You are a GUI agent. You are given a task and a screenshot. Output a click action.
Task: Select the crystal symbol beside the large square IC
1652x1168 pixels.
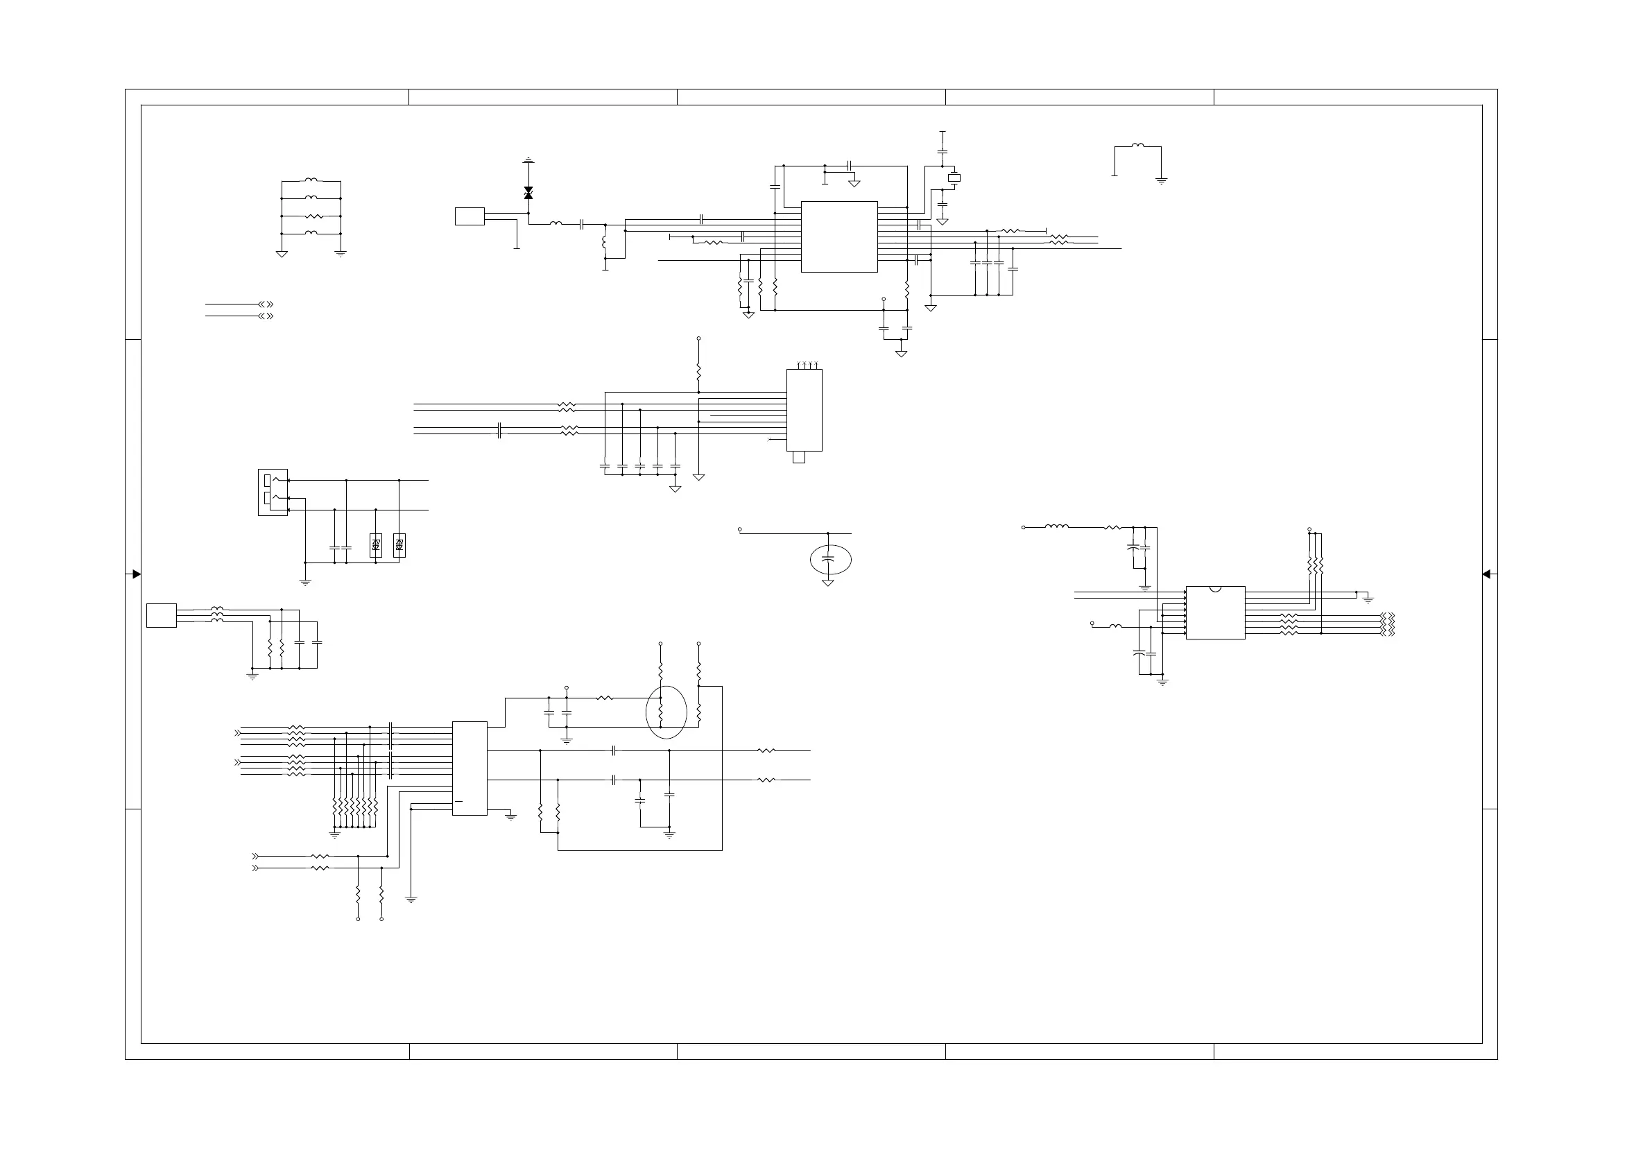pyautogui.click(x=954, y=178)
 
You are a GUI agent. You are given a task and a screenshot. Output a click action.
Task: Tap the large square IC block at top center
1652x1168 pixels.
pyautogui.click(x=839, y=237)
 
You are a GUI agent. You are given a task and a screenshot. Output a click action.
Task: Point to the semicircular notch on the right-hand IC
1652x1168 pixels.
pyautogui.click(x=1215, y=589)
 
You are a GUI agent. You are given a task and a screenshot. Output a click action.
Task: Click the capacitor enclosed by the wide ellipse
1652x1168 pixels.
pyautogui.click(x=828, y=558)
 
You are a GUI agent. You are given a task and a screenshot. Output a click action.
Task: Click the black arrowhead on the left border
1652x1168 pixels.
pyautogui.click(x=136, y=574)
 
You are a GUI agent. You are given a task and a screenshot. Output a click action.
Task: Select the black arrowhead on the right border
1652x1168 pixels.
pyautogui.click(x=1486, y=574)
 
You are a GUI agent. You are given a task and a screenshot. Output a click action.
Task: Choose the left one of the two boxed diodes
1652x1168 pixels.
pyautogui.click(x=376, y=545)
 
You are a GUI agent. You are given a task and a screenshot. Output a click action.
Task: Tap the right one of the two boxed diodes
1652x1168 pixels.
pyautogui.click(x=399, y=545)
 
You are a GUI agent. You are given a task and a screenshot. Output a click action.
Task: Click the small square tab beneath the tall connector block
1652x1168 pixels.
pyautogui.click(x=799, y=457)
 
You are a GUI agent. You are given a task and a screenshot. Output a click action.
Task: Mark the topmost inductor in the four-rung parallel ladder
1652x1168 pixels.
pyautogui.click(x=311, y=180)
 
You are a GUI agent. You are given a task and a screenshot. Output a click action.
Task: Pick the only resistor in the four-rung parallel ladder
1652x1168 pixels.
pyautogui.click(x=311, y=216)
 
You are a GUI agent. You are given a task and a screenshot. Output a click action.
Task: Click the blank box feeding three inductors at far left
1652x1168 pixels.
pyautogui.click(x=161, y=616)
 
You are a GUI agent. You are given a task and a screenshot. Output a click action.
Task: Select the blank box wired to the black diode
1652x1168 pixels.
pyautogui.click(x=470, y=216)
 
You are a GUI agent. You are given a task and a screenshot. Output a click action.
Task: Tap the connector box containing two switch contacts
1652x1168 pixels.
pyautogui.click(x=273, y=492)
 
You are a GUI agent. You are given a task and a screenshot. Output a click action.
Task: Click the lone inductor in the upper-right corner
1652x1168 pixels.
pyautogui.click(x=1137, y=146)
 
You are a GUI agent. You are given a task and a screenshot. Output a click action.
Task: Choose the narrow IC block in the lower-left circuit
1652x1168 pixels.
pyautogui.click(x=470, y=768)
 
